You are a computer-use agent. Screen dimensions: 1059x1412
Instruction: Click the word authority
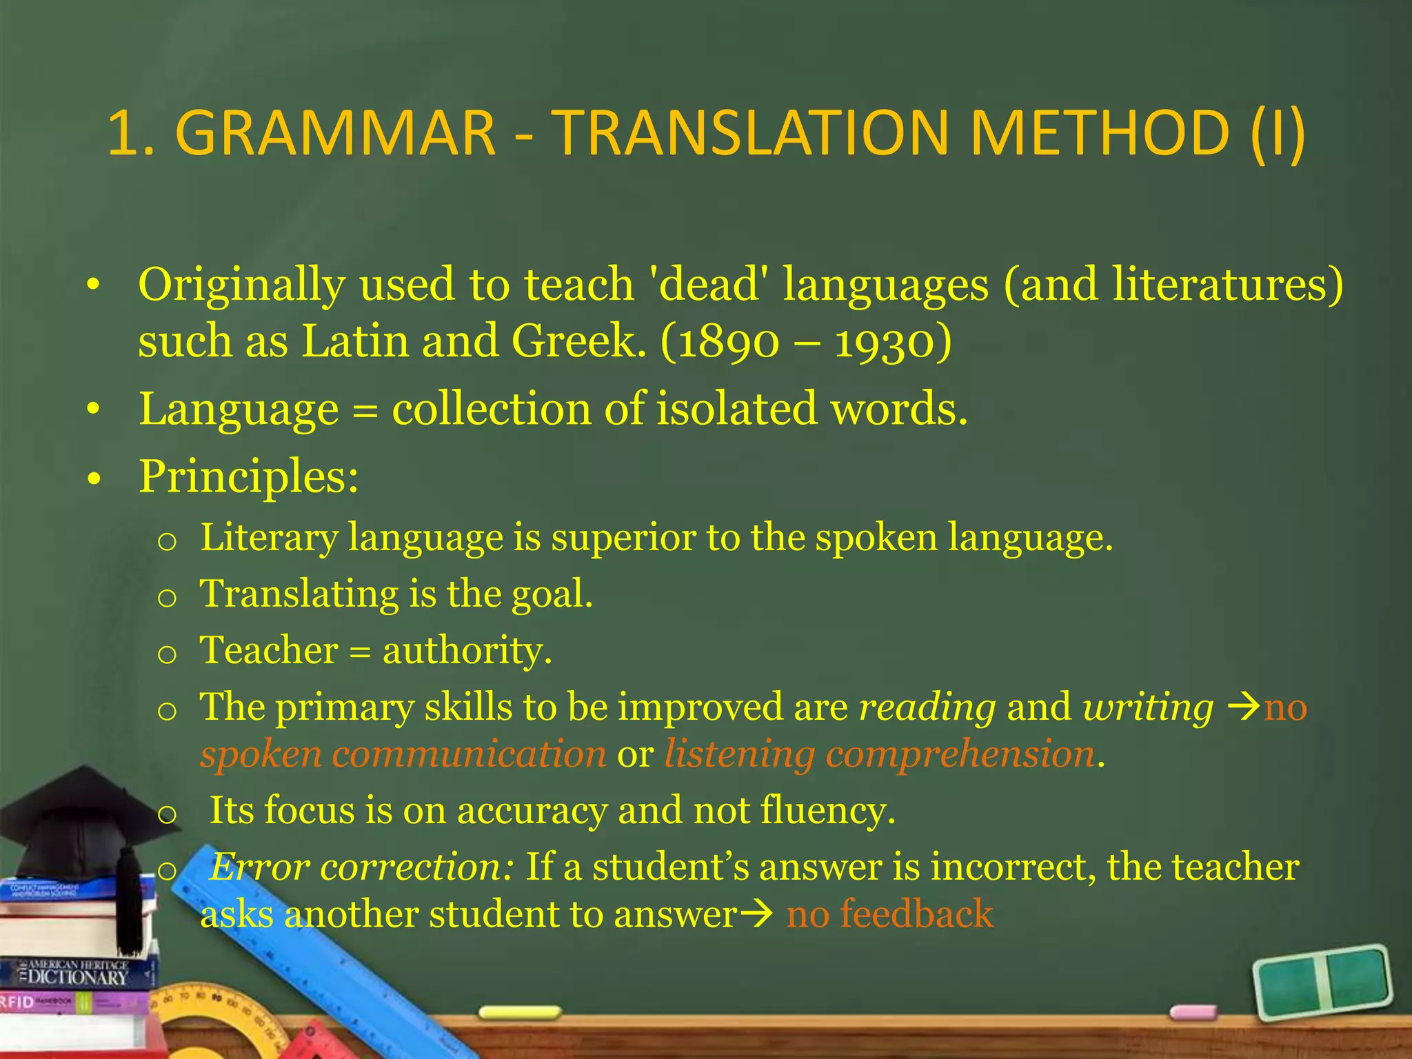[467, 650]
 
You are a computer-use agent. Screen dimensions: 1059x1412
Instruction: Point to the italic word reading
[927, 708]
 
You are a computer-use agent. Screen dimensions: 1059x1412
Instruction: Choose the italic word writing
[1148, 708]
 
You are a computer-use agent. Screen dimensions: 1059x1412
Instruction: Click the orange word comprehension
[960, 754]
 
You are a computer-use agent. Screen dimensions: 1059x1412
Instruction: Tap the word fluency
[827, 810]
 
